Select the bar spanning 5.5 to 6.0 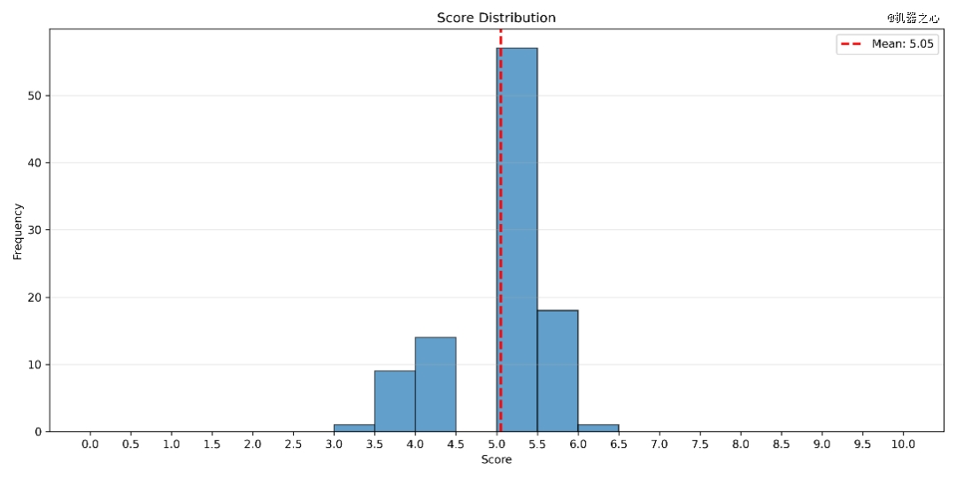point(558,371)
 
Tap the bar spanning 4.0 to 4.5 point(436,384)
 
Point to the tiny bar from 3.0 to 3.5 point(354,428)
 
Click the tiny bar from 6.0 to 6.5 point(598,428)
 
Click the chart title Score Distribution point(496,18)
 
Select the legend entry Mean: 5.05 point(888,44)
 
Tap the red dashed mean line point(500,177)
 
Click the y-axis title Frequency point(18,231)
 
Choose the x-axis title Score point(496,460)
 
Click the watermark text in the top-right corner point(913,17)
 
